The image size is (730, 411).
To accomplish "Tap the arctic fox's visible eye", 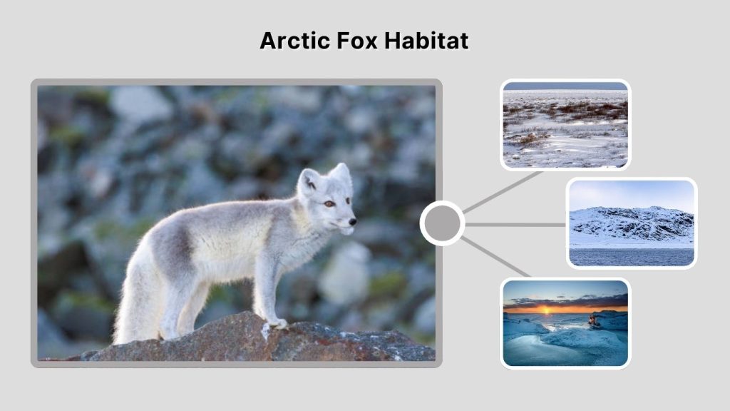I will coord(329,204).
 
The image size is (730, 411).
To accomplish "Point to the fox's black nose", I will coord(352,222).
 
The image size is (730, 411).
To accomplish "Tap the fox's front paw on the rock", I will coord(277,324).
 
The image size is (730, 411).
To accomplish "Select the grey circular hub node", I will coord(442,223).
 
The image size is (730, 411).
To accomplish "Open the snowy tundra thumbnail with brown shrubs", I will coord(565,125).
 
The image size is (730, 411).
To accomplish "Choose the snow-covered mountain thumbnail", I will coord(631,223).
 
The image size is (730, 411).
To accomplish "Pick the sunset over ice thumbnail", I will coord(565,323).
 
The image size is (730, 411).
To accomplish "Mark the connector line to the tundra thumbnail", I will coord(503,191).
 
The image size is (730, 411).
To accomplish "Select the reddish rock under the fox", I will coord(228,341).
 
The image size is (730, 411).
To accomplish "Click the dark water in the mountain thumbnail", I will coord(631,256).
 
